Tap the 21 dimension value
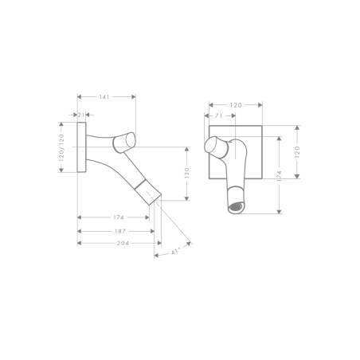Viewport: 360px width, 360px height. (82, 114)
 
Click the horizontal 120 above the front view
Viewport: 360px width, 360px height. (236, 104)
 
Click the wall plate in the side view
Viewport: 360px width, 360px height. (80, 147)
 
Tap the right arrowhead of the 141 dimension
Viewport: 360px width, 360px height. (133, 97)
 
